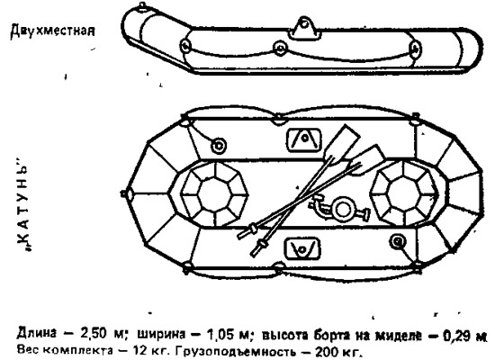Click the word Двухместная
coord(52,31)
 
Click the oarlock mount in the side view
coord(303,28)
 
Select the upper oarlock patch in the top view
coord(303,140)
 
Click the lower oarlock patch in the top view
coord(302,248)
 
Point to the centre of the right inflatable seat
coord(404,193)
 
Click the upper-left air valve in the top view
coord(219,146)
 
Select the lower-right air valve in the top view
coord(398,242)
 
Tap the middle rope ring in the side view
coord(280,48)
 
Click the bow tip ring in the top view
coord(124,193)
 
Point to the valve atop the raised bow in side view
coord(142,6)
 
